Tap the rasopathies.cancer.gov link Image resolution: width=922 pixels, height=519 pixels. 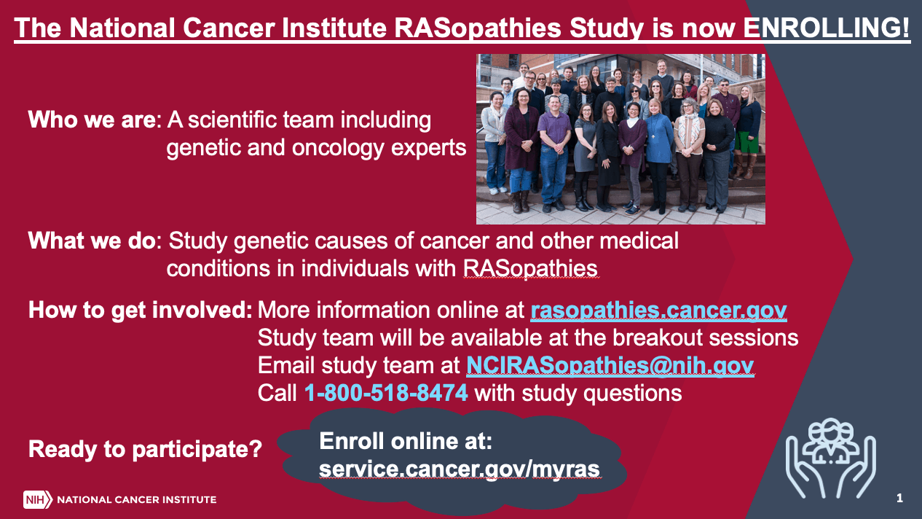click(658, 311)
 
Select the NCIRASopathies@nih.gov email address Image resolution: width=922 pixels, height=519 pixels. click(610, 365)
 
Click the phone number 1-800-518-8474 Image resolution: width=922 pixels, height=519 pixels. click(386, 393)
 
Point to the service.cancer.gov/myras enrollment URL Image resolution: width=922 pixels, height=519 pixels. click(460, 469)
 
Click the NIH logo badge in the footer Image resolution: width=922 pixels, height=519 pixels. click(38, 499)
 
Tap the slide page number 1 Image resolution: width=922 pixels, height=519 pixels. click(899, 498)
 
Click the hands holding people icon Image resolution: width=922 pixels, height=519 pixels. click(831, 458)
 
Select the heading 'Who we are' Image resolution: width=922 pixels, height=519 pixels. click(92, 120)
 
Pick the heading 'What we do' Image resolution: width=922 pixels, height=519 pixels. click(92, 241)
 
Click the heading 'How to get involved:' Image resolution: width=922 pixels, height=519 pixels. click(140, 311)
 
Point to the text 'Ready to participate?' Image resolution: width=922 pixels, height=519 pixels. click(145, 448)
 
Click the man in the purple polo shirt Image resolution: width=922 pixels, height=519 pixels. click(554, 152)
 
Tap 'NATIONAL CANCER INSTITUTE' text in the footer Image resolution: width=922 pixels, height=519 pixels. click(137, 499)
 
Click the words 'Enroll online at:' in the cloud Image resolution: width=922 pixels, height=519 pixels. click(406, 441)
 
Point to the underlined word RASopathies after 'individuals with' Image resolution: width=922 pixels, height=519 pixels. click(530, 268)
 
